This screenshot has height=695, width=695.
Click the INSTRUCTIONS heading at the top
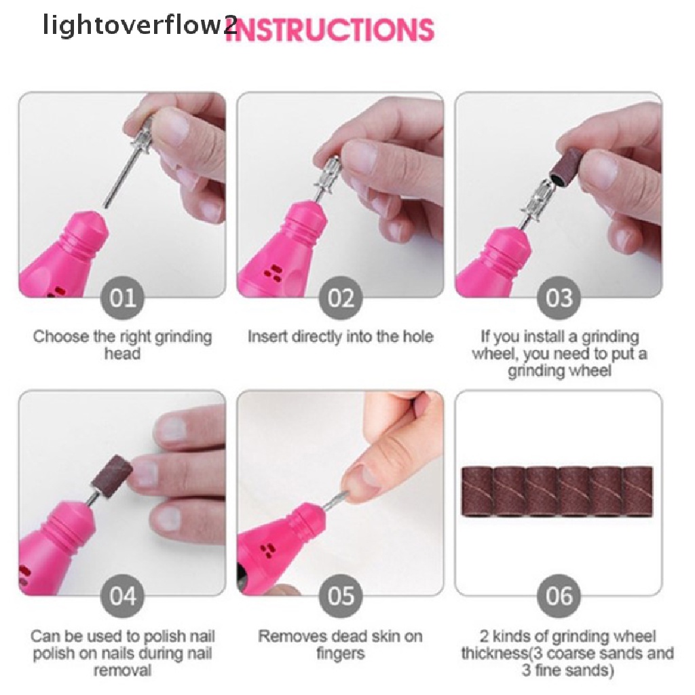[x=329, y=31]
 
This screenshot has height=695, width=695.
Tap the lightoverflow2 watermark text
[x=140, y=27]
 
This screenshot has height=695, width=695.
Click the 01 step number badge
[x=122, y=298]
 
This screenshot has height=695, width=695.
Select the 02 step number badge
[x=341, y=298]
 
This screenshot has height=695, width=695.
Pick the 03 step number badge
[x=559, y=298]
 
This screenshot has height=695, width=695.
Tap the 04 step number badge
[x=122, y=597]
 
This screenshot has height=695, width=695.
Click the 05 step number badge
[x=341, y=597]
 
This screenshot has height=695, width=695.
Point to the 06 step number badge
[x=559, y=597]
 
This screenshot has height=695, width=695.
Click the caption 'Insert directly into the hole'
[x=340, y=337]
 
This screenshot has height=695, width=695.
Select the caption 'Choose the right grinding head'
[x=122, y=345]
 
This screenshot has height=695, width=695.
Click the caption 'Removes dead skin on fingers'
[x=340, y=645]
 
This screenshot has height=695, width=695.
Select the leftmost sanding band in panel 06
[x=478, y=492]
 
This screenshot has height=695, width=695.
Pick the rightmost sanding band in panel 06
[x=638, y=492]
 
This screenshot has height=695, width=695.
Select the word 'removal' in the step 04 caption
[x=122, y=671]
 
